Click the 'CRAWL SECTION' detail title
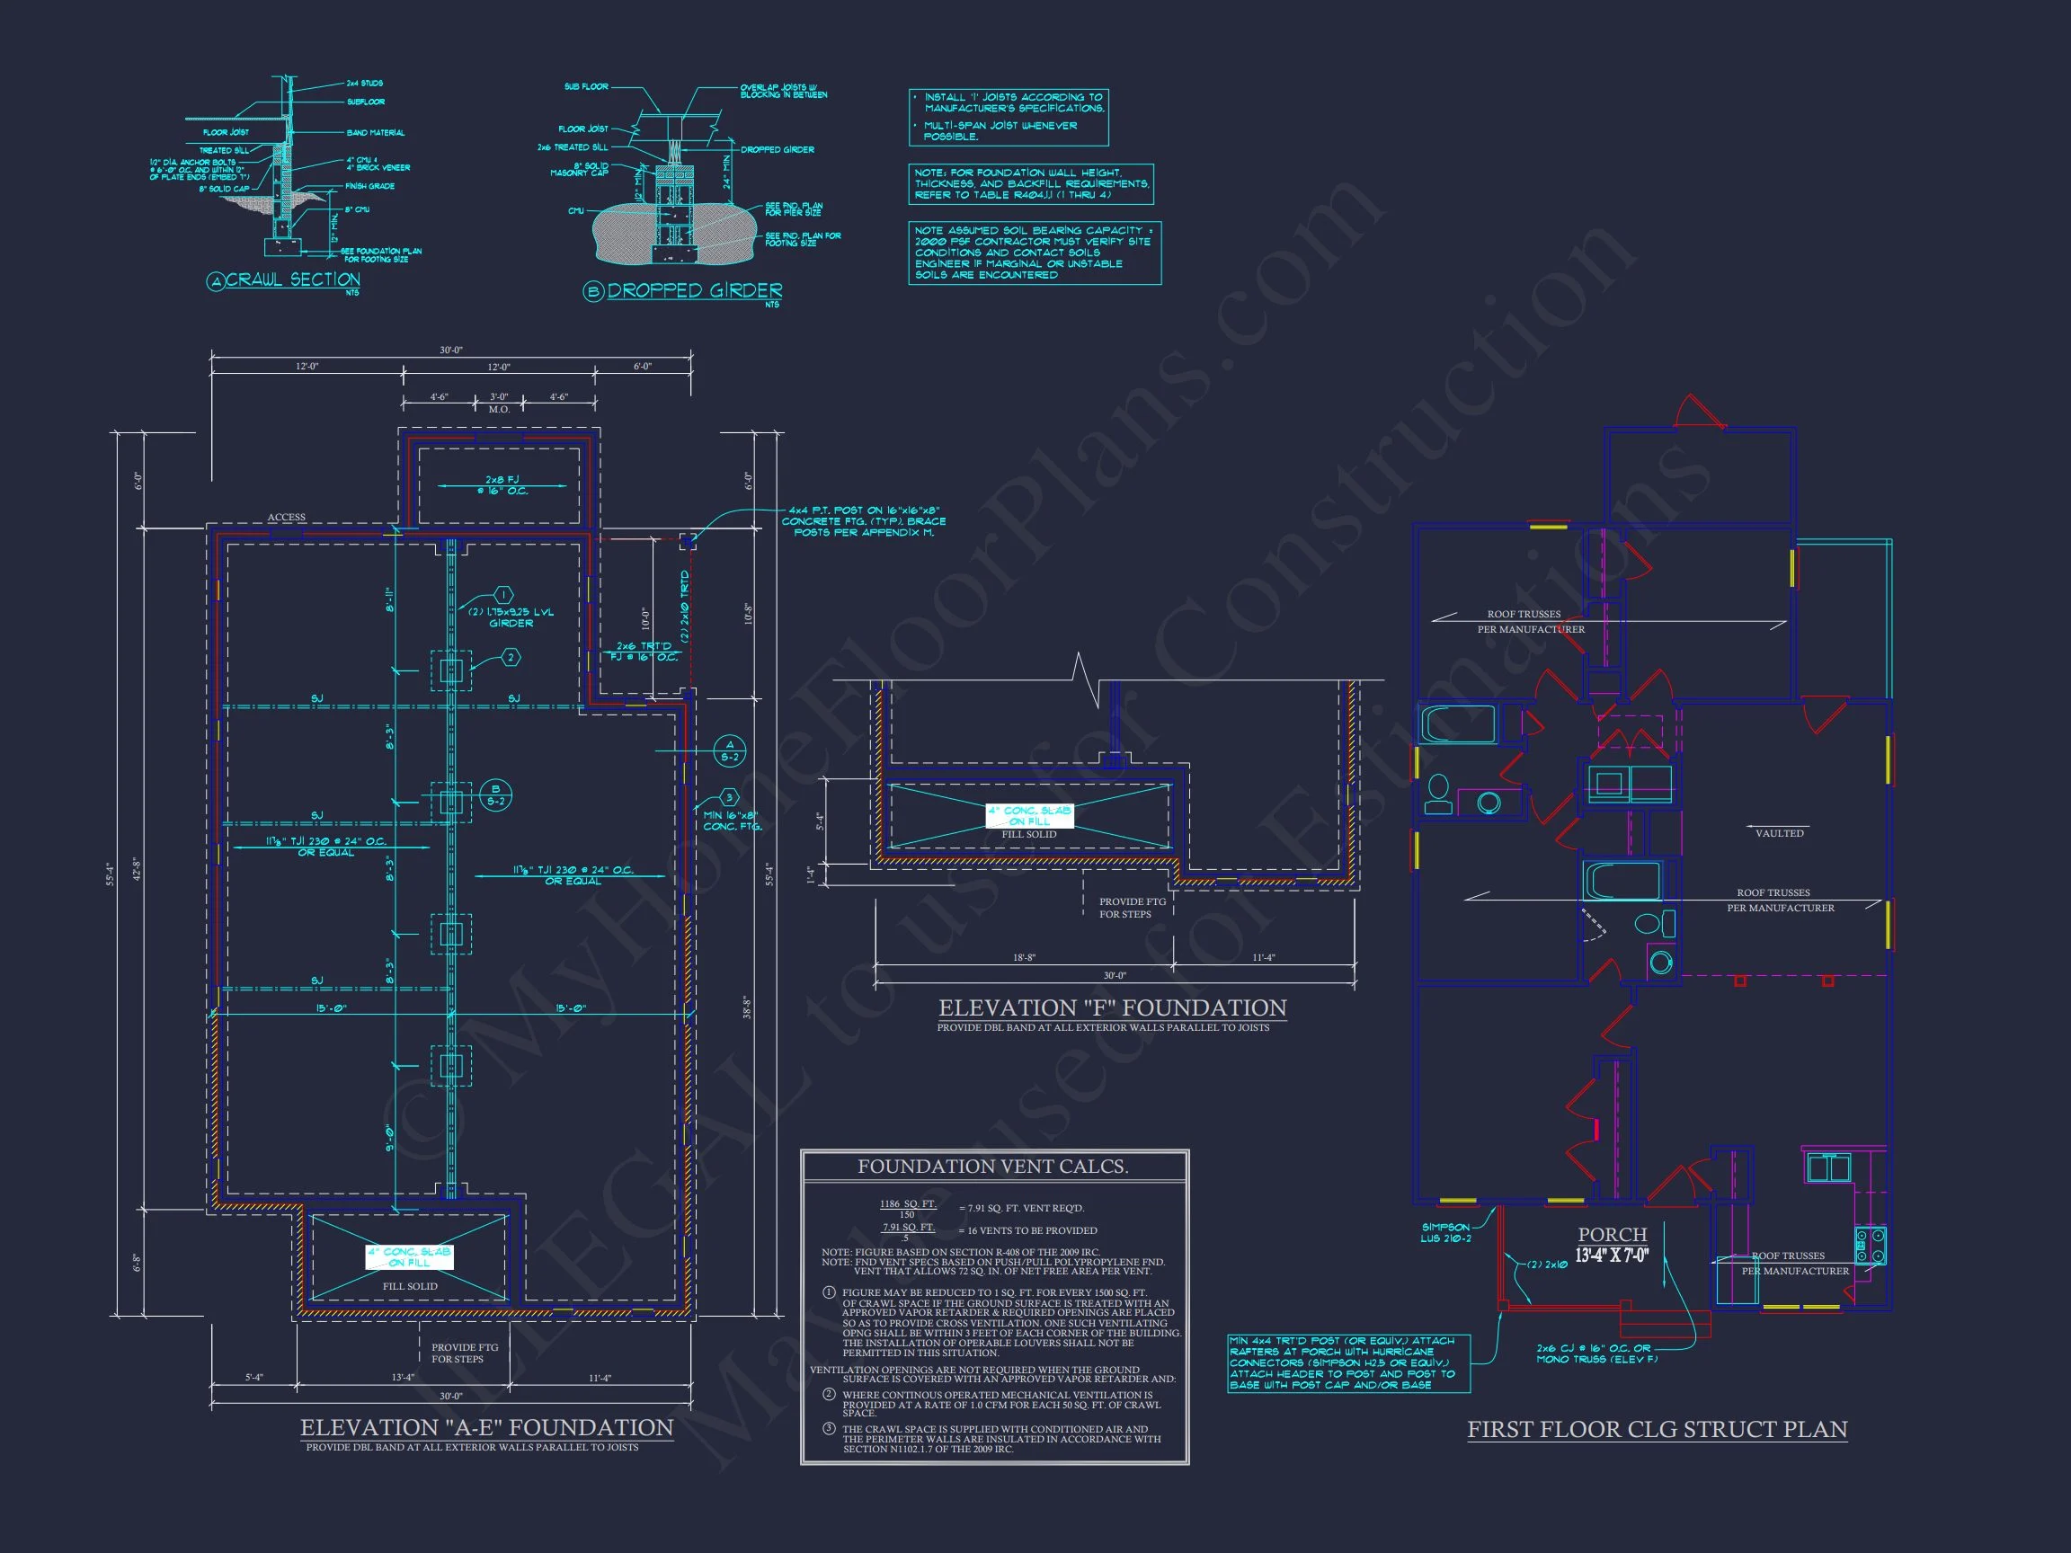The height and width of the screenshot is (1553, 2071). tap(292, 280)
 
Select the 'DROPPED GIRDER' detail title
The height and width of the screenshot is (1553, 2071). tap(694, 291)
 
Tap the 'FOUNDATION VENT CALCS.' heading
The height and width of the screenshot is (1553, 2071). tap(992, 1167)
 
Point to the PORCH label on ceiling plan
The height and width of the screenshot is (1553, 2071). tap(1613, 1235)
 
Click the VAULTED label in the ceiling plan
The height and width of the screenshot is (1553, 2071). tap(1779, 833)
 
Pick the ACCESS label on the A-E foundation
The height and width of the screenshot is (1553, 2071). tap(287, 517)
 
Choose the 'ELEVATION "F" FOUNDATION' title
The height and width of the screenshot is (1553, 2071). tap(1112, 1008)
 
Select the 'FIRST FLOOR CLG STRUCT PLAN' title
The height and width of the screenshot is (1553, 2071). tap(1658, 1430)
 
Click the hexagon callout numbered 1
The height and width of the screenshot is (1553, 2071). tap(503, 595)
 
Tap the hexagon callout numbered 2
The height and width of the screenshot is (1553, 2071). tap(511, 658)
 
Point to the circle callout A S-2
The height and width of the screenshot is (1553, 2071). tap(729, 750)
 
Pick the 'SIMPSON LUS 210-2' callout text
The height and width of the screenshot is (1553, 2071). tap(1445, 1233)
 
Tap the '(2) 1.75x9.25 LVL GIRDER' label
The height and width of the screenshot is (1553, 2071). tap(511, 617)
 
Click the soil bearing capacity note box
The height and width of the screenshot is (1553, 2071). tap(1035, 253)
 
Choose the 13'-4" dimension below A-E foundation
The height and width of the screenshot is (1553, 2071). tap(404, 1377)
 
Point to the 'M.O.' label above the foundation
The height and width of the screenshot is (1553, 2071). tap(499, 409)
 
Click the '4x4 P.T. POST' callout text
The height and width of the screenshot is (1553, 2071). tap(863, 521)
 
